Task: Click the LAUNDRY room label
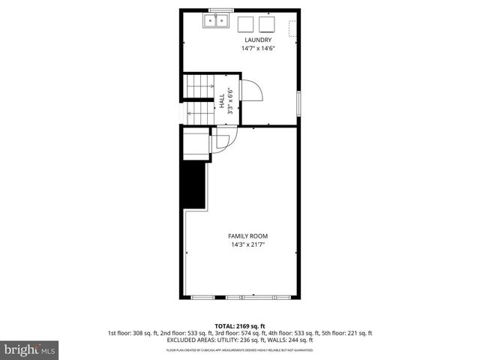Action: click(x=256, y=40)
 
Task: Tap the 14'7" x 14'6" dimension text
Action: click(x=256, y=49)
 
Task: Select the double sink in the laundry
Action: click(x=216, y=22)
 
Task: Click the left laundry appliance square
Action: click(x=246, y=24)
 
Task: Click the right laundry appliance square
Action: click(x=268, y=24)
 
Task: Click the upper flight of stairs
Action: click(x=199, y=86)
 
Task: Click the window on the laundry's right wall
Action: click(x=299, y=103)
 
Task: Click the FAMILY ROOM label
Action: click(x=247, y=236)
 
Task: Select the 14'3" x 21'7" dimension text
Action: click(x=247, y=244)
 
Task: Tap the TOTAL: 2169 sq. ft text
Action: click(x=240, y=326)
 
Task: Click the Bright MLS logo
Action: click(x=30, y=349)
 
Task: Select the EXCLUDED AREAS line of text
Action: click(x=240, y=340)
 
